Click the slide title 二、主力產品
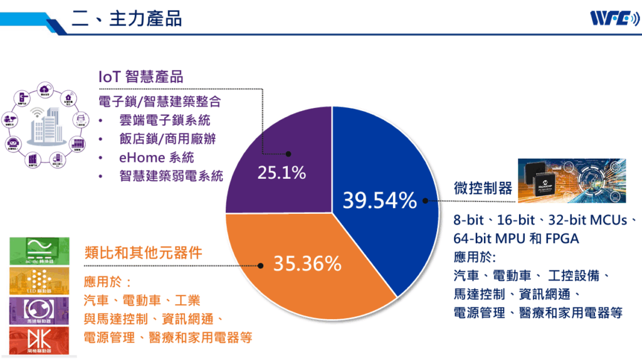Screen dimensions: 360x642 (x=127, y=18)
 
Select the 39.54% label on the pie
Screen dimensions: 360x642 (x=379, y=200)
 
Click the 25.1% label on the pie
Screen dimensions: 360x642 (x=282, y=172)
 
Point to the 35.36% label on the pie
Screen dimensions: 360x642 (x=307, y=263)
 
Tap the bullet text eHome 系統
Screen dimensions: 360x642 (x=157, y=157)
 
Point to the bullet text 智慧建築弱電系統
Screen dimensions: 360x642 (x=171, y=176)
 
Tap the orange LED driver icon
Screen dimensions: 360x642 (x=39, y=280)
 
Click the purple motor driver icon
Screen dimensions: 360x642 (x=39, y=310)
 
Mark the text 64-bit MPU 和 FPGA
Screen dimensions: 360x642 (x=516, y=239)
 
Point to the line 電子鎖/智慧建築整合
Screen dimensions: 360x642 (x=160, y=102)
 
